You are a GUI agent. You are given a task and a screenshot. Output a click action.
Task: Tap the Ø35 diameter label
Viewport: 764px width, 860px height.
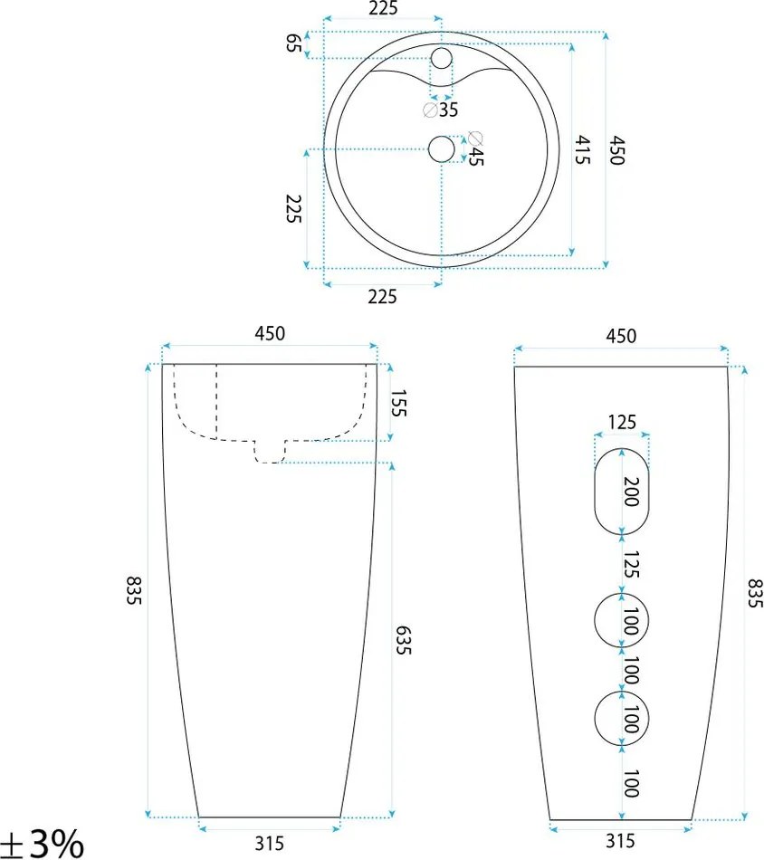click(442, 110)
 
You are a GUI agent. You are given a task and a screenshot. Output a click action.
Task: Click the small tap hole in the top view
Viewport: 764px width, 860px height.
click(441, 60)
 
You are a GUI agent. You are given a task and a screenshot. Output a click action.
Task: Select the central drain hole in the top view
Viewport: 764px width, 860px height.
click(441, 148)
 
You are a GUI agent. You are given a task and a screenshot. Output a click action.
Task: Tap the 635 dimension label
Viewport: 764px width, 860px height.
click(402, 640)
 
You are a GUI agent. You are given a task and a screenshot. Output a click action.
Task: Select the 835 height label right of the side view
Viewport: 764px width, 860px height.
click(753, 592)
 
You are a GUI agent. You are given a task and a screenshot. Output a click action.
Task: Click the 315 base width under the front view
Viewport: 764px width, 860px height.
click(269, 844)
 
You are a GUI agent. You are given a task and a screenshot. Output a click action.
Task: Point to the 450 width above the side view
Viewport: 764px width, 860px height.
click(620, 336)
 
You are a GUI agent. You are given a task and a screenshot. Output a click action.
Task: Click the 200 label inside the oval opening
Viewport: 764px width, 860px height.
click(631, 492)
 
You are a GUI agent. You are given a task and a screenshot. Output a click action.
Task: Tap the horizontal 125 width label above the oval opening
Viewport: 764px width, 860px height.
click(622, 421)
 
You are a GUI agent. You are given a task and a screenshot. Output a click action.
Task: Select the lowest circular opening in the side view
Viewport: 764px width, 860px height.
click(622, 721)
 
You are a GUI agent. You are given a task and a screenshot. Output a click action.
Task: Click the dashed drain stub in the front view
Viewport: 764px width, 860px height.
click(271, 451)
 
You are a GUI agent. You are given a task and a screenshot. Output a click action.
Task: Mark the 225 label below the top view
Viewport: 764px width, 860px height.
click(382, 296)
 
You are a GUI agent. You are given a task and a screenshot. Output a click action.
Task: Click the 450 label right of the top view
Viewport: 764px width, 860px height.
click(616, 150)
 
